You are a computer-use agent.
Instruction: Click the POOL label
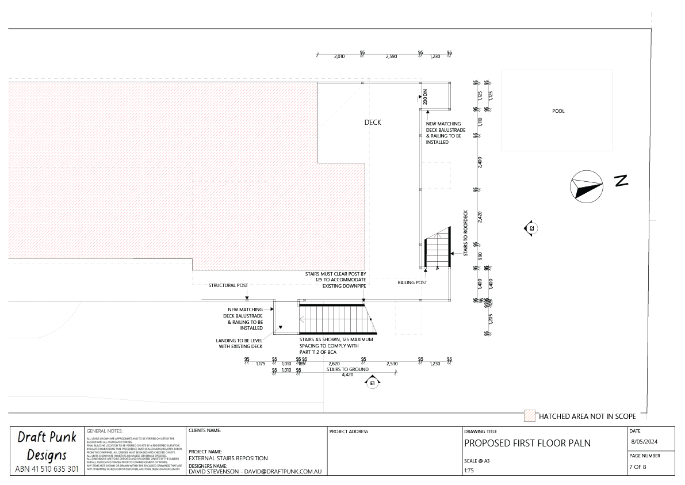558,111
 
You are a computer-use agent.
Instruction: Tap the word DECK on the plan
373,123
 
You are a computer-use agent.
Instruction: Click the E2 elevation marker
532,228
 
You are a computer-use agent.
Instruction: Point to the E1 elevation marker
373,383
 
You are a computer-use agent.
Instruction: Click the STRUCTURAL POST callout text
228,285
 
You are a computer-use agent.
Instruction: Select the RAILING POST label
412,283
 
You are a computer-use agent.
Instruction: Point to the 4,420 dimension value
347,375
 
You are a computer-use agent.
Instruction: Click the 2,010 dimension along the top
339,56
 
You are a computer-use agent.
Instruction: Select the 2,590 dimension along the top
391,56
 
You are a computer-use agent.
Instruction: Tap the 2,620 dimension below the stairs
334,364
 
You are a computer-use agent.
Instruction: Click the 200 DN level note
425,97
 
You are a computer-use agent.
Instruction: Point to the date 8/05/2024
643,442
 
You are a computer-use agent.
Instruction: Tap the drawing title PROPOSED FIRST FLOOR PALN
527,443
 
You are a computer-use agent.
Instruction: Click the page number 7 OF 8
638,467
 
